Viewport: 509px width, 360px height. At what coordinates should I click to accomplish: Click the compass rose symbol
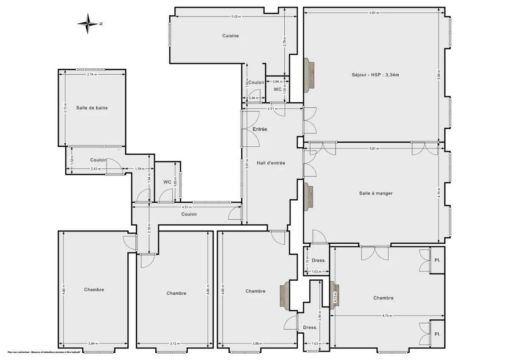pos(88,24)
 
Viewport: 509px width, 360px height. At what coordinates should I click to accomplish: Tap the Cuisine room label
pos(230,36)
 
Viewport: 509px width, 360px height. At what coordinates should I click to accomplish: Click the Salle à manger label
pos(375,193)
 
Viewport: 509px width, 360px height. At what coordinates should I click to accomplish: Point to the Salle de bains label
pos(92,108)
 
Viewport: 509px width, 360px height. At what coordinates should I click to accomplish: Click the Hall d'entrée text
pos(271,163)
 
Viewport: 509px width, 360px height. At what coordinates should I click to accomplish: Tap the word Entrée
pos(260,129)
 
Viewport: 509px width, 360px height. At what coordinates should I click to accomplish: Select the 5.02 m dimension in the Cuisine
pos(236,17)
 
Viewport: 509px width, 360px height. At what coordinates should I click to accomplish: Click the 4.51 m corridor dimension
pos(187,207)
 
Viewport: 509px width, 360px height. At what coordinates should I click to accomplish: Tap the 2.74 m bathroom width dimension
pos(92,74)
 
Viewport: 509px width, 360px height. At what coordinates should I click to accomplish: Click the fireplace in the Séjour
pos(309,74)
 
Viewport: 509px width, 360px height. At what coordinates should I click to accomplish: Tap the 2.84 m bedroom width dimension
pos(92,343)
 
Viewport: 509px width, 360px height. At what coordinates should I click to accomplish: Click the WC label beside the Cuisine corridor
pos(277,89)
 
